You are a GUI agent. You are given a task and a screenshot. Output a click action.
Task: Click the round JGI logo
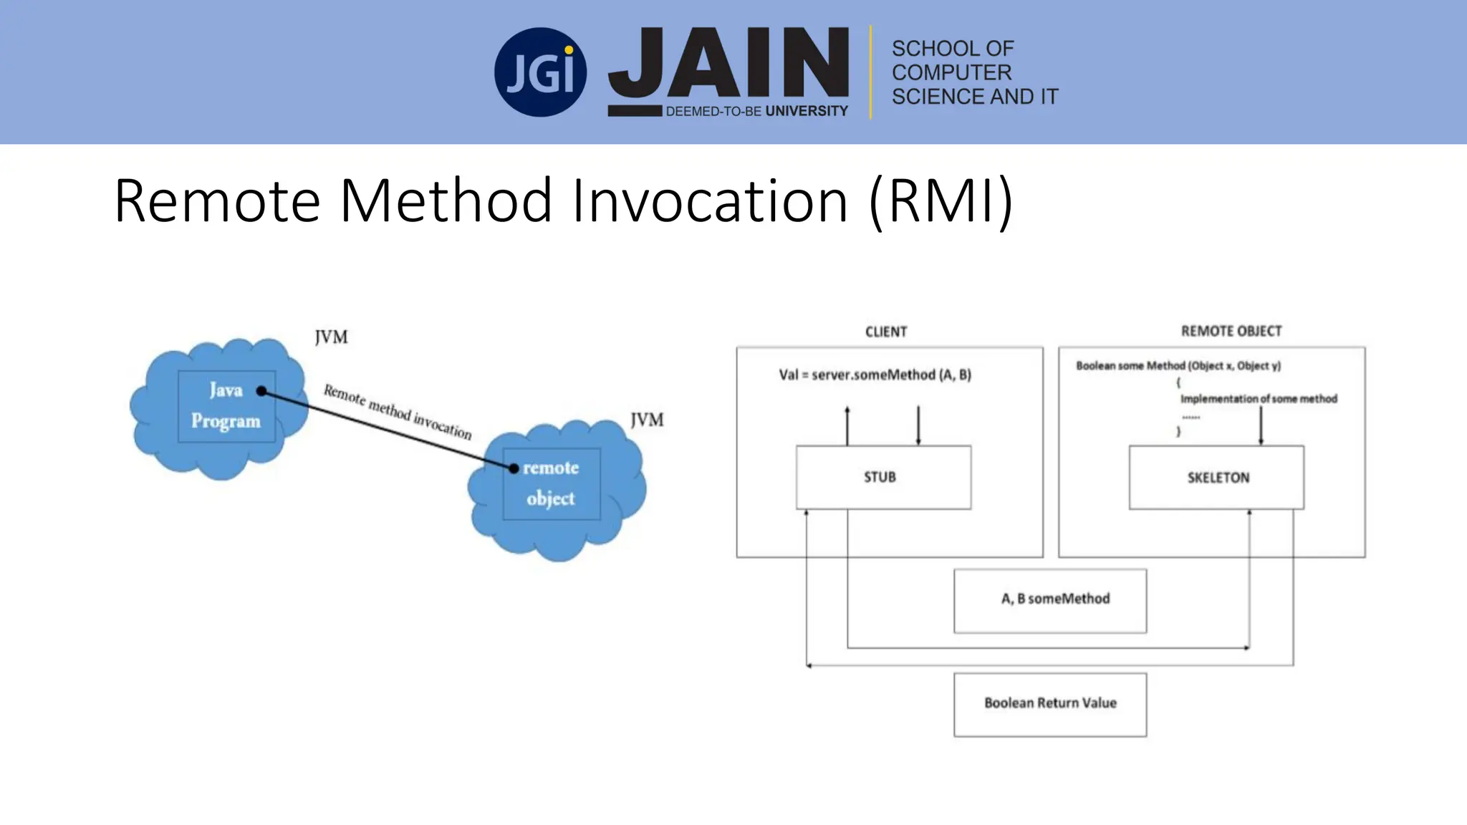tap(540, 72)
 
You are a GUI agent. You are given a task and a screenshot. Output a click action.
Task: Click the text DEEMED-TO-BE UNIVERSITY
tap(756, 111)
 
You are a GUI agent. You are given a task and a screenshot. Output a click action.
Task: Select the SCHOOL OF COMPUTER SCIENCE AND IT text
tap(974, 72)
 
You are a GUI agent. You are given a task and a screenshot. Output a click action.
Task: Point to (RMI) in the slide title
tap(941, 201)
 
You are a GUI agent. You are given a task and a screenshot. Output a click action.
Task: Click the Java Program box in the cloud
tap(226, 406)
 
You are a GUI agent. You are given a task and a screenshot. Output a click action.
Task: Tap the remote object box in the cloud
tap(551, 483)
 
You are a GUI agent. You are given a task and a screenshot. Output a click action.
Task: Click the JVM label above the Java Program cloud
tap(331, 337)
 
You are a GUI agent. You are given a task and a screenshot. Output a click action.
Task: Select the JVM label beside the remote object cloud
tap(647, 420)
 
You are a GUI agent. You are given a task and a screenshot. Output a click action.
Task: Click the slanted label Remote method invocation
tap(398, 412)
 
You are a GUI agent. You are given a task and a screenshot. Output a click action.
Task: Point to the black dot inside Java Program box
tap(261, 391)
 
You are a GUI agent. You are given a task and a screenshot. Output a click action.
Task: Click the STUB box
tap(883, 477)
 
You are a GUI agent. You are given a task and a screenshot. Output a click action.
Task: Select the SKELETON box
tap(1216, 477)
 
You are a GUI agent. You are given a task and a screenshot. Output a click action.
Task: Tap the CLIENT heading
tap(886, 332)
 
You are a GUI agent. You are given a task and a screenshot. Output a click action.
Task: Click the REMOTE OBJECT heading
tap(1231, 331)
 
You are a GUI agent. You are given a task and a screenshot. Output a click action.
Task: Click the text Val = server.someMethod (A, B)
tap(875, 375)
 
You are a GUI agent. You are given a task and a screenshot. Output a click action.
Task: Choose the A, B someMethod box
tap(1050, 600)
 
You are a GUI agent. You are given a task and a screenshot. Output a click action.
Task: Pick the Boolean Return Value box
tap(1050, 704)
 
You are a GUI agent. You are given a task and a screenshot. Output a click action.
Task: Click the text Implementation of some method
tap(1258, 399)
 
